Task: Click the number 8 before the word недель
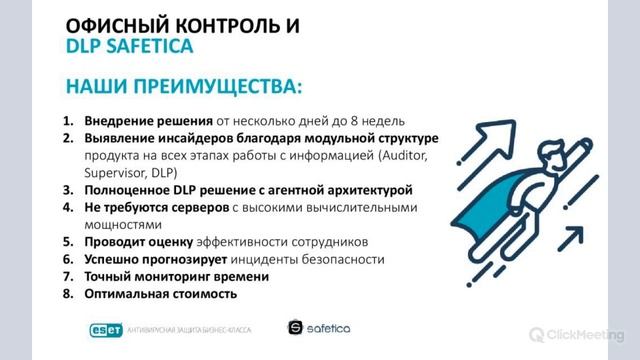point(365,122)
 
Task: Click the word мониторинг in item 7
point(166,277)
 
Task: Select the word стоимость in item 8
point(203,294)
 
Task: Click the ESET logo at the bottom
point(99,329)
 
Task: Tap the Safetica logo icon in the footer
point(295,327)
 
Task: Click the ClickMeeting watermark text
point(589,335)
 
